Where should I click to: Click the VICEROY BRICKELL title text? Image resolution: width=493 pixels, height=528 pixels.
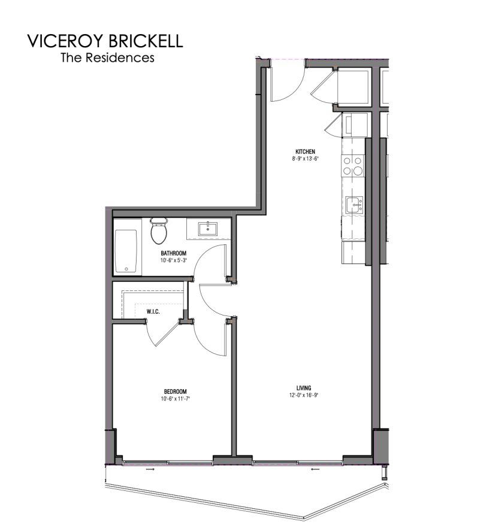click(105, 41)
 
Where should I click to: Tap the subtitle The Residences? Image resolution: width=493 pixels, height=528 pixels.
click(107, 57)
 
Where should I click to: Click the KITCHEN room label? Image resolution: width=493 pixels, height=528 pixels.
click(306, 151)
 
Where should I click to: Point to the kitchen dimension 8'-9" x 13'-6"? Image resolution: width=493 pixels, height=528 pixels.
click(306, 159)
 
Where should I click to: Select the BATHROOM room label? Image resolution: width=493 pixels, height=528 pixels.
click(174, 253)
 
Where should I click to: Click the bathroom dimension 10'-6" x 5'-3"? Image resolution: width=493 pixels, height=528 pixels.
click(174, 260)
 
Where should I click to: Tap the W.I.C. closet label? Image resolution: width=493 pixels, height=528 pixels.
click(153, 312)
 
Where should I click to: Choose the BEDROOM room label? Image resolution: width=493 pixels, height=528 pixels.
click(176, 392)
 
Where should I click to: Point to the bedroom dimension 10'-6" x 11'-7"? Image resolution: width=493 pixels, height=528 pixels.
click(176, 399)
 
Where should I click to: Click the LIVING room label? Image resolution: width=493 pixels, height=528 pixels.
click(304, 388)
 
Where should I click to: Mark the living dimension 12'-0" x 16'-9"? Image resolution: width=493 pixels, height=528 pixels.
click(304, 395)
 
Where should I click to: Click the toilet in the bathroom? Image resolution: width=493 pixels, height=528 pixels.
click(159, 230)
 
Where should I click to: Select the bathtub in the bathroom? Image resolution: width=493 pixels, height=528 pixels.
click(126, 251)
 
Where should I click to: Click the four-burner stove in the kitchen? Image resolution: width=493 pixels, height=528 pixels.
click(353, 166)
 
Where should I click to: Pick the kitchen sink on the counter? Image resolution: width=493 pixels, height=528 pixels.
click(354, 205)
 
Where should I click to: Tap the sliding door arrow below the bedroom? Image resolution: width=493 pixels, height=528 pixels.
click(150, 469)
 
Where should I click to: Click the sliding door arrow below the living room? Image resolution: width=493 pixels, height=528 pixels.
click(315, 469)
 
